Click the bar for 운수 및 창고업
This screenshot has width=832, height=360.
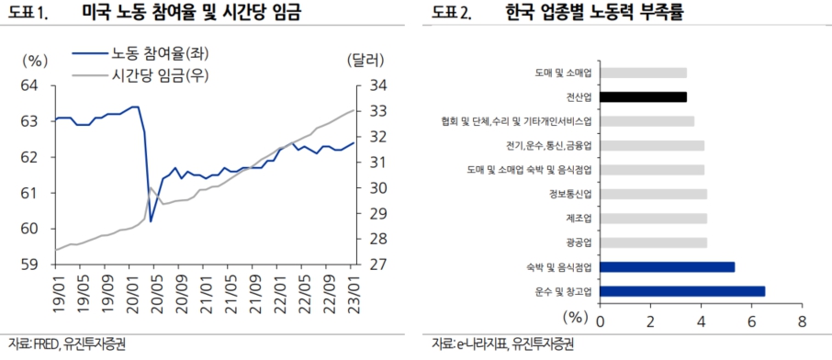(x=682, y=291)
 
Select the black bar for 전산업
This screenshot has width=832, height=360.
(x=644, y=96)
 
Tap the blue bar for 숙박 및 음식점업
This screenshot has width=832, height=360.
(x=668, y=267)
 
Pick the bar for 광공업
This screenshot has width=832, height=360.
(x=654, y=242)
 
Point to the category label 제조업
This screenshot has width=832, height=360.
(x=579, y=219)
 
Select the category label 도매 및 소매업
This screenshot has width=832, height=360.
(x=563, y=73)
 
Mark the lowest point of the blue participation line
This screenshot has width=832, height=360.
(x=150, y=221)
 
